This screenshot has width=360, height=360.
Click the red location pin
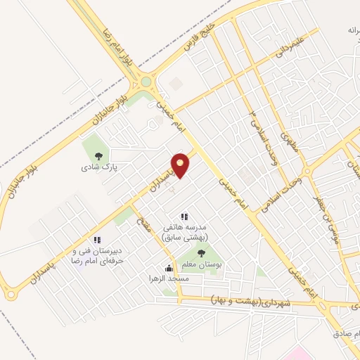181,165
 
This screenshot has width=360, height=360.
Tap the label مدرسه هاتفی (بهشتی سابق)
184,233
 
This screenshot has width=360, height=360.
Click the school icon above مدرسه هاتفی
184,217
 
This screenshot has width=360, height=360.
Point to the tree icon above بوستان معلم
202,253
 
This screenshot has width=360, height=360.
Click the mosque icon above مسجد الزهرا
169,268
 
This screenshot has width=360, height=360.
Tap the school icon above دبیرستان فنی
96,240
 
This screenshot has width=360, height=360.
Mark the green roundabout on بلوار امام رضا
146,82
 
